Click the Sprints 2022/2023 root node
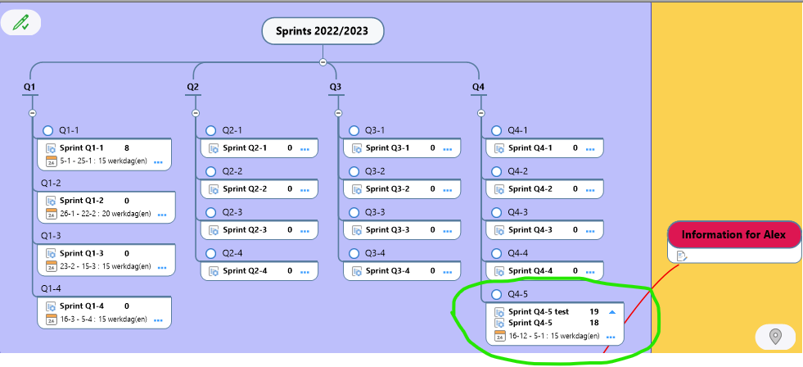[x=323, y=31]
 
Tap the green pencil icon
[x=21, y=23]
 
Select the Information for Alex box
[x=734, y=235]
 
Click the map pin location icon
[x=776, y=337]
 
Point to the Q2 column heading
[x=192, y=87]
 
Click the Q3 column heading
[x=336, y=87]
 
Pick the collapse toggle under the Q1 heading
[x=32, y=113]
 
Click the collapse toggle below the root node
[x=323, y=62]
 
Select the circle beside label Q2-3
[x=210, y=213]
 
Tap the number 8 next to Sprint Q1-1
[x=127, y=148]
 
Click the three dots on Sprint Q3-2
[x=448, y=190]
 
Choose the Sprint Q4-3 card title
[x=530, y=230]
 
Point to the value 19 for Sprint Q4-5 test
[x=594, y=311]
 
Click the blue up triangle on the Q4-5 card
[x=611, y=311]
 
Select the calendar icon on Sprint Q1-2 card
[x=52, y=214]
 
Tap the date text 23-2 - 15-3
[x=79, y=266]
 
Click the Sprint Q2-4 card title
[x=245, y=271]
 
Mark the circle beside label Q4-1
[x=496, y=131]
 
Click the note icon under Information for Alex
[x=682, y=256]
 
